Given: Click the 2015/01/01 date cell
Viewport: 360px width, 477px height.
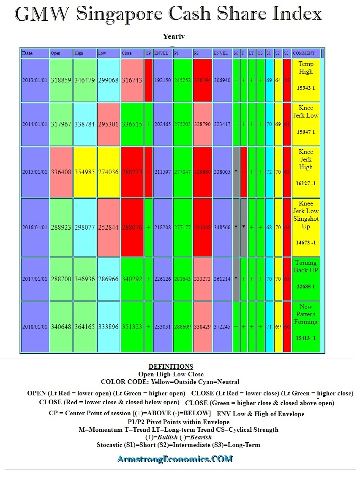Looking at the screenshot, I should point(35,173).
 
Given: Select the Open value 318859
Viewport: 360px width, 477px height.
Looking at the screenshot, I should point(61,80).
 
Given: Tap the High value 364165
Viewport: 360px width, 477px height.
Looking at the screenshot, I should point(85,327).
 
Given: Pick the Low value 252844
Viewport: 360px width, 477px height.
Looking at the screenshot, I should point(108,228).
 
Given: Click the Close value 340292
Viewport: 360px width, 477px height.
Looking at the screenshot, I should point(132,279).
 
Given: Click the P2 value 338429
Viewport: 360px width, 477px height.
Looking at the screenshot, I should point(202,327).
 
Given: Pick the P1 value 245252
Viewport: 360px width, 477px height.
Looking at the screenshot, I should point(183,80).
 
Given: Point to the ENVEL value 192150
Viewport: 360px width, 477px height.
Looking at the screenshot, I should point(163,80).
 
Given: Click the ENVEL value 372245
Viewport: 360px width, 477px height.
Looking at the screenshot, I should point(222,327).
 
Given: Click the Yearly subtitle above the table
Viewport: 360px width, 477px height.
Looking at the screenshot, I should point(173,37).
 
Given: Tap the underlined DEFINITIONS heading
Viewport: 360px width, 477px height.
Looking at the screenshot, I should point(171,367).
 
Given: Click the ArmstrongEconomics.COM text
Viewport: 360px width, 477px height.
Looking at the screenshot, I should point(175,459).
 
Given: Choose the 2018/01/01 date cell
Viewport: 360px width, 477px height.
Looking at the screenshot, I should point(35,327).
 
